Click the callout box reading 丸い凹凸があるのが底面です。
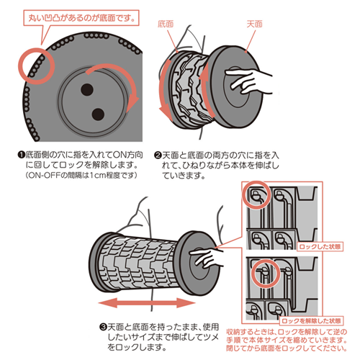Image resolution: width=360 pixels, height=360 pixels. (x=81, y=18)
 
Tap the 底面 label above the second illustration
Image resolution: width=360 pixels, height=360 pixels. (x=166, y=24)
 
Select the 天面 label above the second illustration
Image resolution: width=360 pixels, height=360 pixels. (x=255, y=24)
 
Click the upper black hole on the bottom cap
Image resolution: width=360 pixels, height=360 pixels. (x=87, y=90)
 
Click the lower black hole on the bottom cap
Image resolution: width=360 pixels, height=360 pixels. (x=98, y=114)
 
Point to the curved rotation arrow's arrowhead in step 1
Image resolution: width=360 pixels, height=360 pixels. (x=132, y=102)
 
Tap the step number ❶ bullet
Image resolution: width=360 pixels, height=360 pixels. (x=22, y=155)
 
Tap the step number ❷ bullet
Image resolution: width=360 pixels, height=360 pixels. (x=158, y=156)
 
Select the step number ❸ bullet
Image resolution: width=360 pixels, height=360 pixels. (x=103, y=327)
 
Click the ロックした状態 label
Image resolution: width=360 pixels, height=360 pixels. (x=320, y=247)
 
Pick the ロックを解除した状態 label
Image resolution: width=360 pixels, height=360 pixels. (x=312, y=321)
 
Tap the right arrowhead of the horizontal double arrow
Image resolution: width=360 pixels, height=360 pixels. (x=186, y=302)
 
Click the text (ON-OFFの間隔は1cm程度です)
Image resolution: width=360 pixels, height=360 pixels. (x=81, y=175)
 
